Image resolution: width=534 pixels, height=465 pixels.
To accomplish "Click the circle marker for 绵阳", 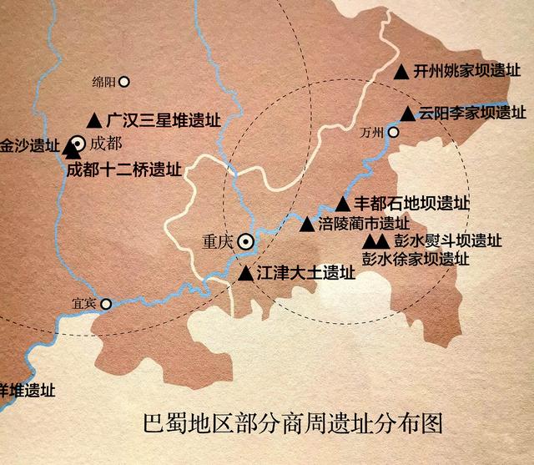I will [x=125, y=82].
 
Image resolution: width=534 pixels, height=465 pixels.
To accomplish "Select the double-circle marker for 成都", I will [x=78, y=143].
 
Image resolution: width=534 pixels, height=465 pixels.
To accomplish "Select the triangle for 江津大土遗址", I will [x=245, y=273].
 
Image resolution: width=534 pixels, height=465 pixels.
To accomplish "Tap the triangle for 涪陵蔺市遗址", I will [x=306, y=224].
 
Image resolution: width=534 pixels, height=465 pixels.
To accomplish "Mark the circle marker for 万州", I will [x=394, y=132].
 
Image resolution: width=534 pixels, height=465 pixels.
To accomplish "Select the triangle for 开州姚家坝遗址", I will [x=401, y=73].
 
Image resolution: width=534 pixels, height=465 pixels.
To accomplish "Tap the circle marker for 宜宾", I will [x=106, y=304].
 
